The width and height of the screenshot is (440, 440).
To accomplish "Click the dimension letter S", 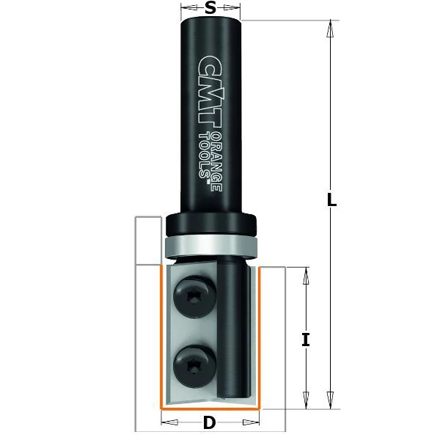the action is (210, 8).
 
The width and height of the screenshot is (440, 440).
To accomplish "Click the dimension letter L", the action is (331, 199).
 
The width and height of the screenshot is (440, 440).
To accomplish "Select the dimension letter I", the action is (306, 340).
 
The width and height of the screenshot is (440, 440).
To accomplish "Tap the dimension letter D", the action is (209, 422).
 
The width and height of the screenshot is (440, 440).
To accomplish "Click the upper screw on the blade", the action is (195, 296).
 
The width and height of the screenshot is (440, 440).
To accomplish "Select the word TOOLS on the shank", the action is (204, 155).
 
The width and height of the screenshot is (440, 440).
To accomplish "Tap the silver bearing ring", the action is (210, 246).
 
